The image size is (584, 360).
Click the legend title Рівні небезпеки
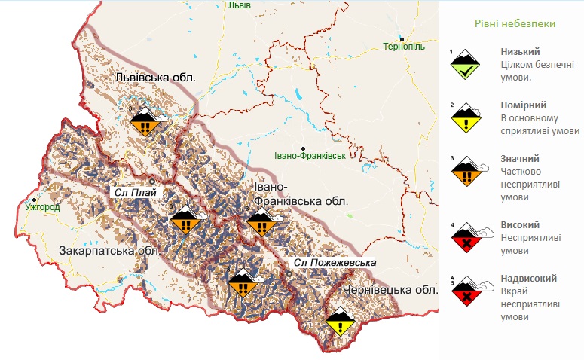coord(515,24)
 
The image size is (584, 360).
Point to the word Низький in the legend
coord(519,52)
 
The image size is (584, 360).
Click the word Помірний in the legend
coord(524,105)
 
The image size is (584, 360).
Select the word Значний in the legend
coord(521,159)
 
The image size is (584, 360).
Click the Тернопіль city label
coord(404,47)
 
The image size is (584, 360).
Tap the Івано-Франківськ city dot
coord(303,148)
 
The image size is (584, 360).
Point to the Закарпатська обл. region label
coord(109,250)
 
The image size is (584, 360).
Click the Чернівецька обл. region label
coord(390,290)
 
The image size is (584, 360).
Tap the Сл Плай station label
coord(134,192)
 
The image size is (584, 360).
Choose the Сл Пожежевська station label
coord(334,262)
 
